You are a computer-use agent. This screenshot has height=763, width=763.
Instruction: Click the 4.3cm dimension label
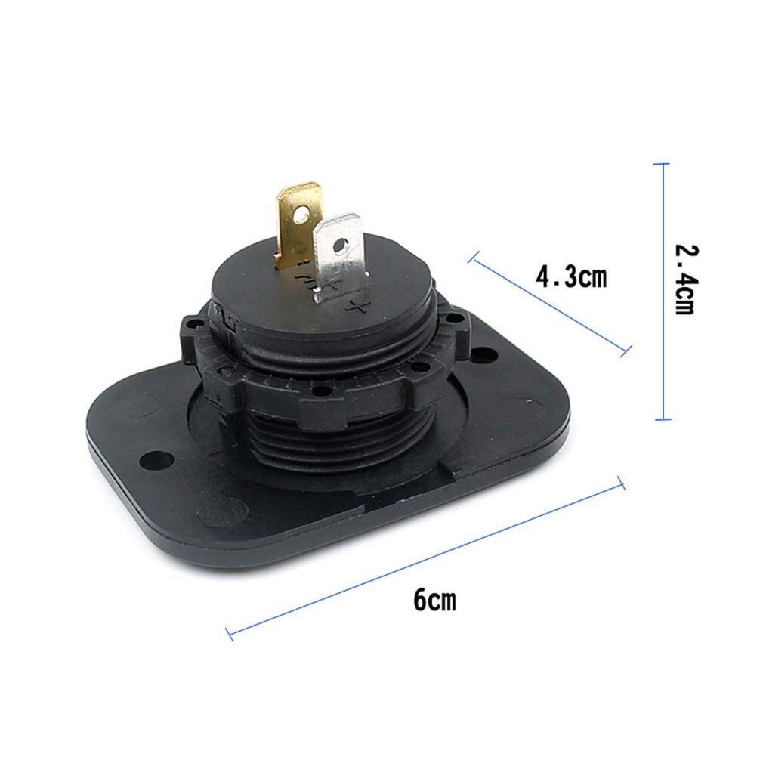(x=570, y=276)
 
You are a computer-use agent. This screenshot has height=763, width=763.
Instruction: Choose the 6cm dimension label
(x=434, y=601)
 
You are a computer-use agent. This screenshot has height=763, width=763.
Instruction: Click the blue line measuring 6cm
(x=423, y=558)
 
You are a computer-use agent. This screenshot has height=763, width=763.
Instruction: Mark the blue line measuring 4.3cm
(x=548, y=306)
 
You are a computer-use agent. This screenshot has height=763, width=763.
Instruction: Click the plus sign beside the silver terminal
(x=359, y=305)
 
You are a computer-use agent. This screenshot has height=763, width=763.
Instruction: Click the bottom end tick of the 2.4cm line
(x=663, y=419)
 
